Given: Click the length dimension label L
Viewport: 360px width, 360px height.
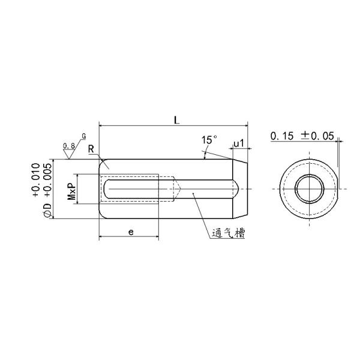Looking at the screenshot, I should [176, 120].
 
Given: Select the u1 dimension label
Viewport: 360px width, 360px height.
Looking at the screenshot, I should [238, 143].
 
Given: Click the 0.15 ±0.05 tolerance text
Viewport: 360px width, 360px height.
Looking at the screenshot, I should [301, 136].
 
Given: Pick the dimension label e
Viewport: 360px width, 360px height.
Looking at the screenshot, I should [130, 231].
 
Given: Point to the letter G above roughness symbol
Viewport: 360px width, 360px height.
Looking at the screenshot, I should [83, 137].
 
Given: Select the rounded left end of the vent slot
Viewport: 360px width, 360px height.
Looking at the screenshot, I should [108, 189].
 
